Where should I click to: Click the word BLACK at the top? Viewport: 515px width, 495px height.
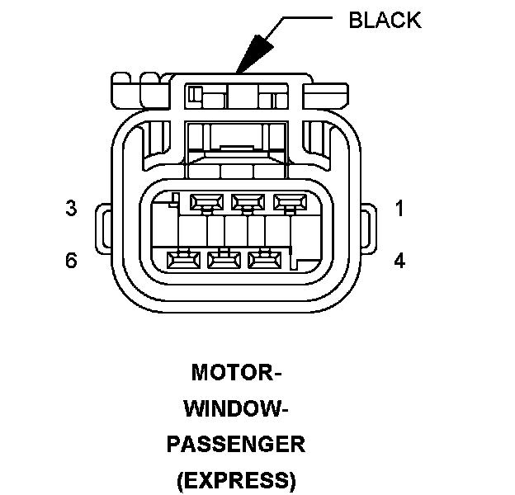coord(385,20)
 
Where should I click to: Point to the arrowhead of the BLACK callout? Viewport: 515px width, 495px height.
coord(248,59)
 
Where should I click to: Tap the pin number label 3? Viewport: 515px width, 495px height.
coord(72,209)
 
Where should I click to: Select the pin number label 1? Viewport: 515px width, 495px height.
coord(399,209)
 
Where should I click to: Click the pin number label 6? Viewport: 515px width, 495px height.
coord(72,261)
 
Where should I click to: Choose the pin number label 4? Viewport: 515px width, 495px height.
coord(399,261)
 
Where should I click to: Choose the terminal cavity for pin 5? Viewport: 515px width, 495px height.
coord(222,260)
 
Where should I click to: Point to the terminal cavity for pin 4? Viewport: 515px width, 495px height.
coord(263,260)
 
